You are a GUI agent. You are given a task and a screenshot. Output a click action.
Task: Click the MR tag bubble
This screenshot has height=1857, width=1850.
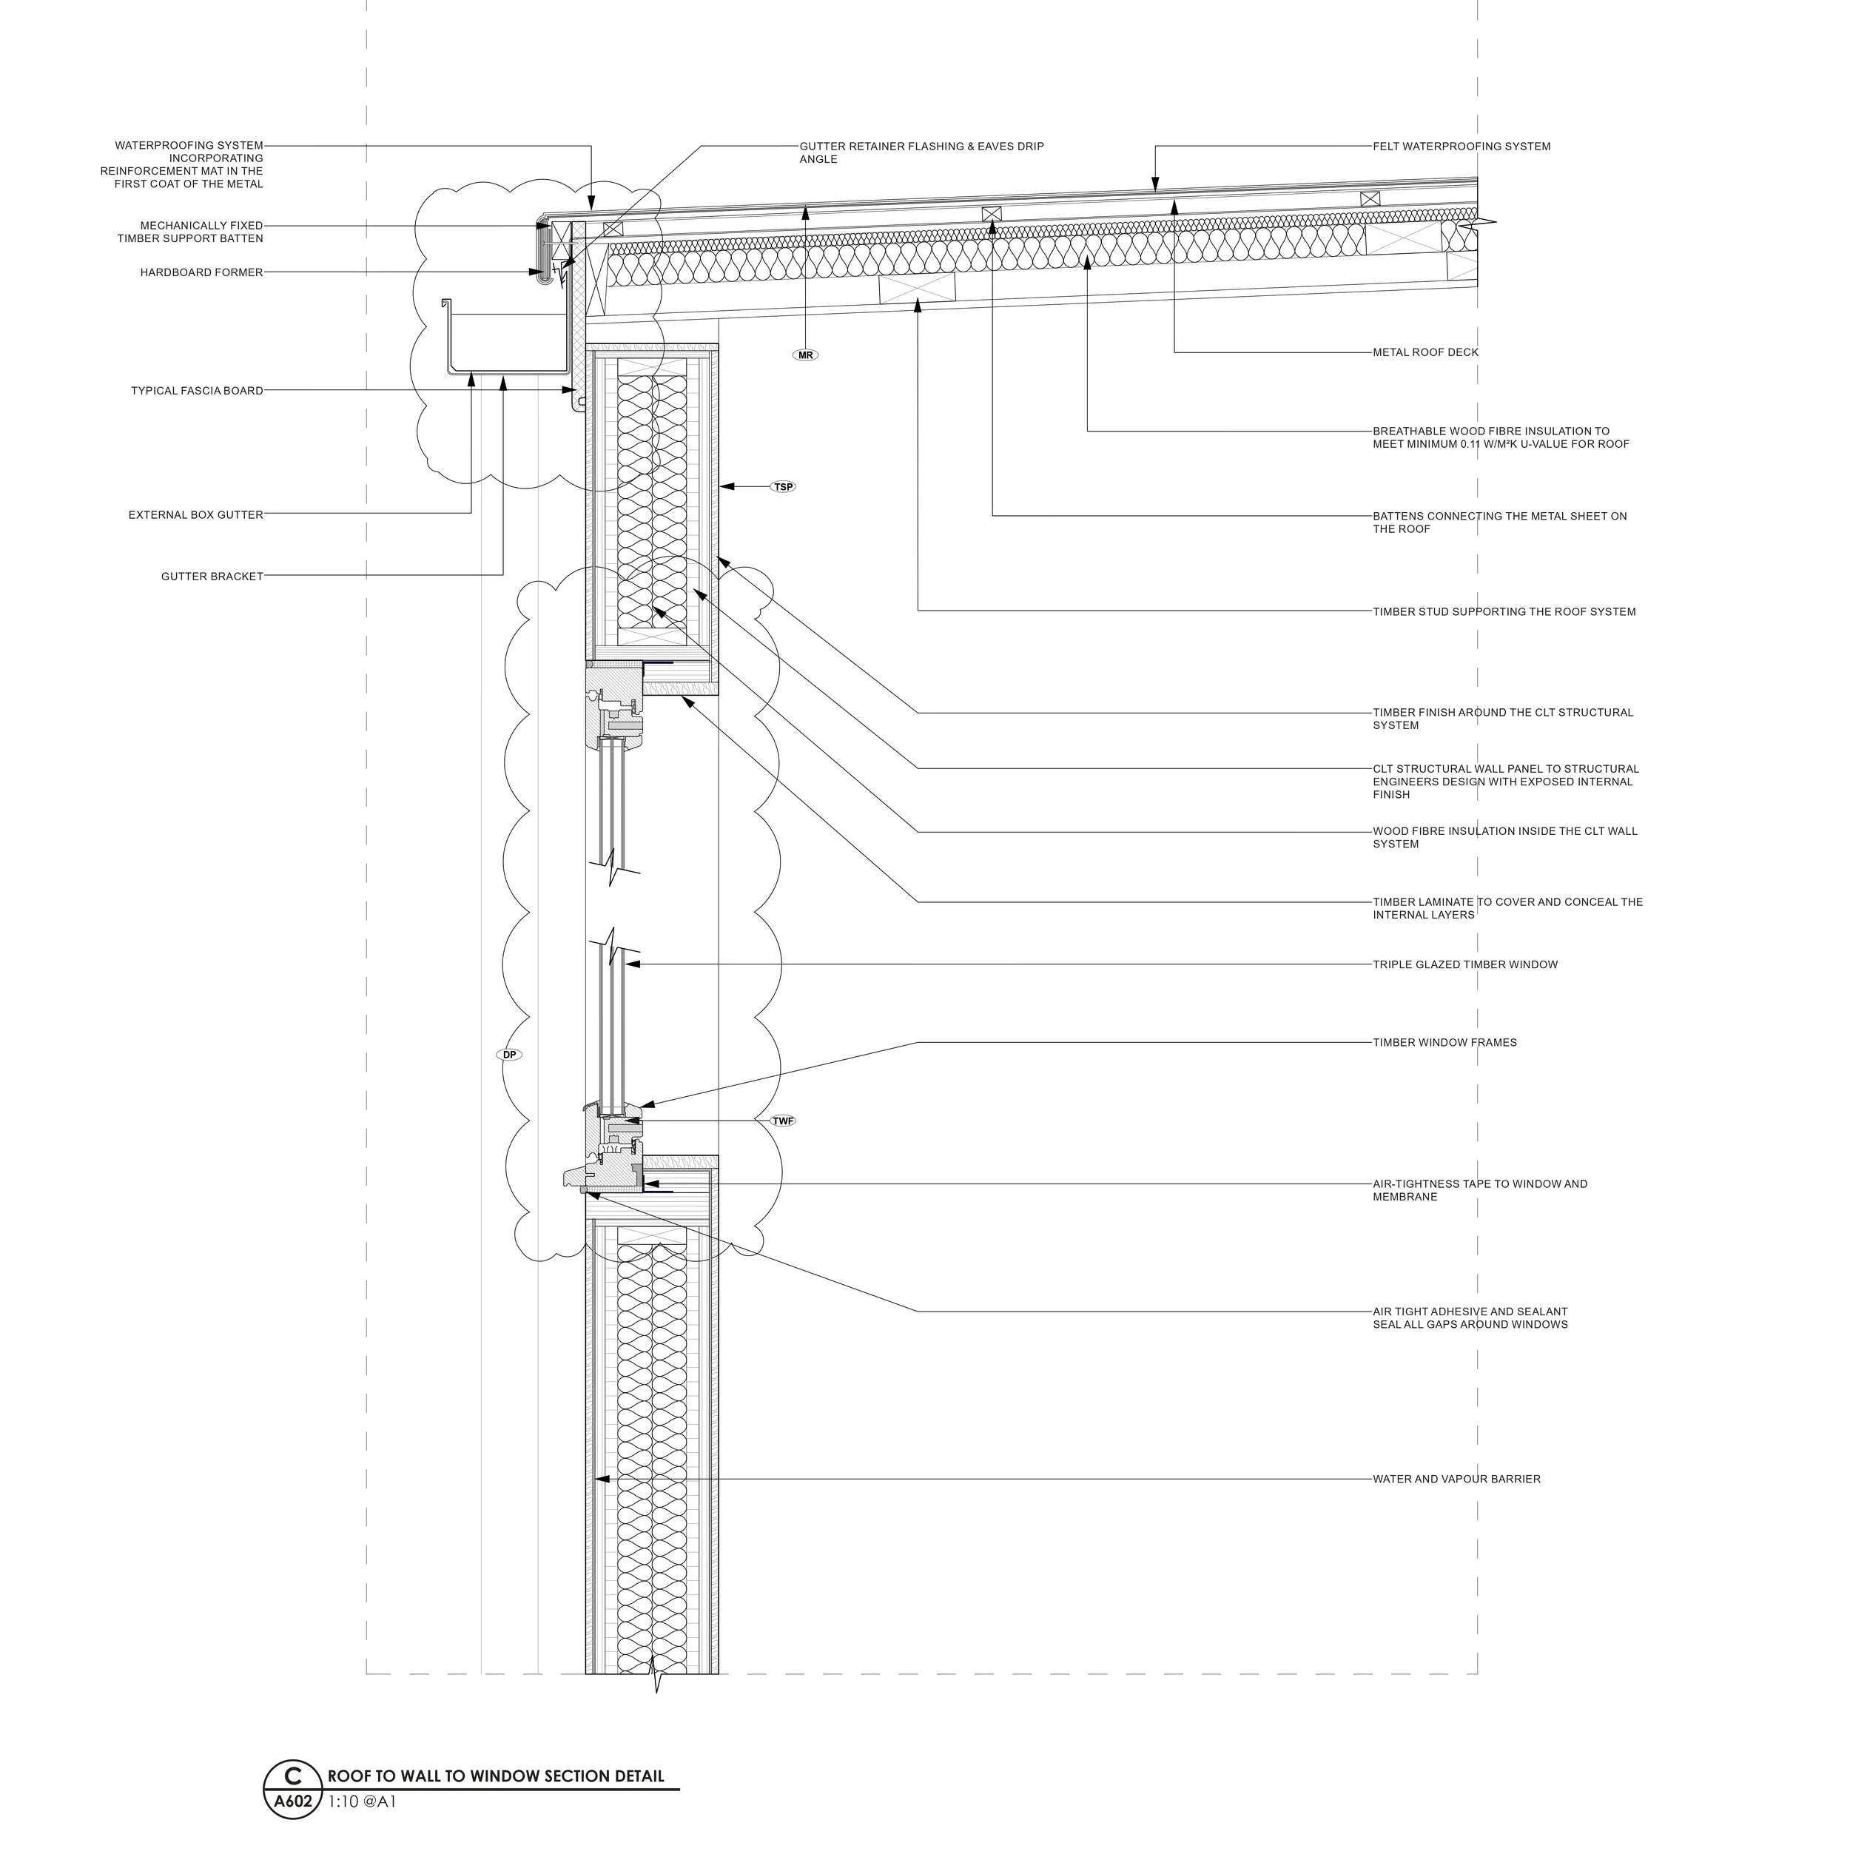(x=805, y=356)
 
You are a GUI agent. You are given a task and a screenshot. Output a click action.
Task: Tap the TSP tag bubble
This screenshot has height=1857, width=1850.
(x=783, y=487)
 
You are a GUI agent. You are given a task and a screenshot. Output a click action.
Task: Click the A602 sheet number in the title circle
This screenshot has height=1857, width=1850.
(x=293, y=1801)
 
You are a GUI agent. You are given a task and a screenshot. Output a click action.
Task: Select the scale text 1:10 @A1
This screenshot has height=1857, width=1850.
(x=363, y=1802)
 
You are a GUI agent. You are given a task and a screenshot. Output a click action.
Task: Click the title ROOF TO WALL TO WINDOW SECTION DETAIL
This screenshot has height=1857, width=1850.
(x=496, y=1776)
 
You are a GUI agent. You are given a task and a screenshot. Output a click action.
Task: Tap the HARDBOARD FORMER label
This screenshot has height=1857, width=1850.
(x=202, y=273)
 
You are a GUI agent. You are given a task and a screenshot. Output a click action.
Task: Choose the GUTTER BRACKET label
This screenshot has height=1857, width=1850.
(x=212, y=577)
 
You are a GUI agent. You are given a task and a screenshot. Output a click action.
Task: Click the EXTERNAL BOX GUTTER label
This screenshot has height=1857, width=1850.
(x=196, y=515)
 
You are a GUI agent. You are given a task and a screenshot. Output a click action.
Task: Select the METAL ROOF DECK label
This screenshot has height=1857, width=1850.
(x=1425, y=353)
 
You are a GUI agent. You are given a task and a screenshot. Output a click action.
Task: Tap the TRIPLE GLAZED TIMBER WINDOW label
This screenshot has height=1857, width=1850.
(x=1464, y=965)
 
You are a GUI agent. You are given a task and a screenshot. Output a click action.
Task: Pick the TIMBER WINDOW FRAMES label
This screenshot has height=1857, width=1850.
(x=1444, y=1043)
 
